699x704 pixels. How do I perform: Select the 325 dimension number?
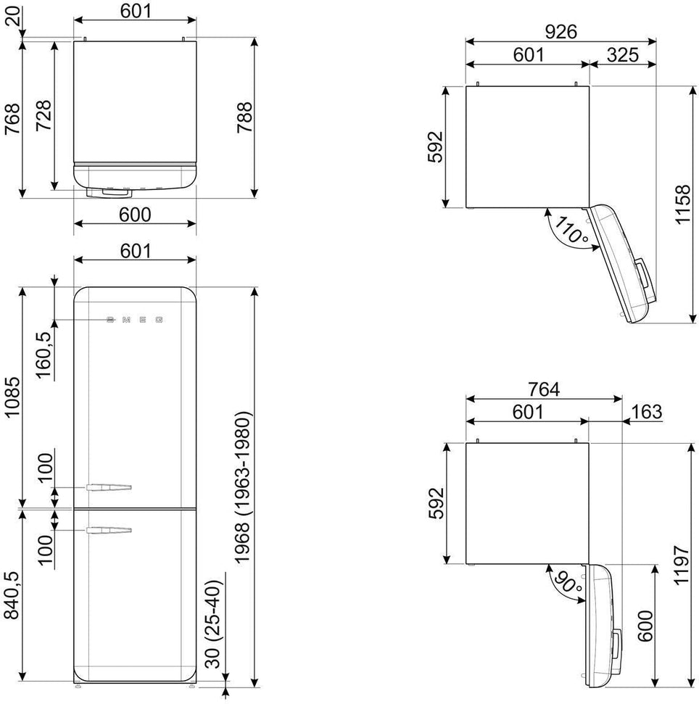[622, 55]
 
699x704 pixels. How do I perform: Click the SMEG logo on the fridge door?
[135, 319]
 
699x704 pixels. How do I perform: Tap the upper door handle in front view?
[109, 486]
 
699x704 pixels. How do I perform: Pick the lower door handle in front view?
[109, 531]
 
